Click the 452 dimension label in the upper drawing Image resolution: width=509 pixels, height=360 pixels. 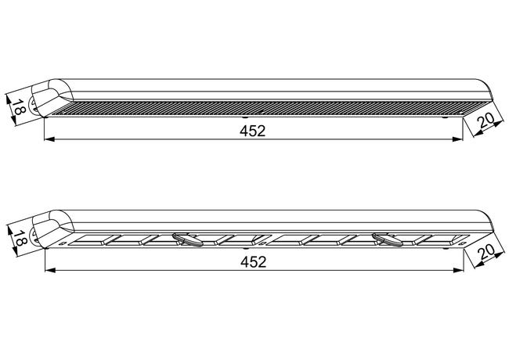coord(253,131)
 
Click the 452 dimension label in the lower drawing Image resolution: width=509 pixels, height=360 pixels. coord(253,261)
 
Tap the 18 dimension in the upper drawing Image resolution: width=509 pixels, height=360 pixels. coord(19,107)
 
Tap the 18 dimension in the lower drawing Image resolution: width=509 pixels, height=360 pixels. coord(20,238)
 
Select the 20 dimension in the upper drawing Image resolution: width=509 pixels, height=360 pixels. coord(486,120)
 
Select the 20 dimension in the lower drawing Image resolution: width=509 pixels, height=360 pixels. coord(486,251)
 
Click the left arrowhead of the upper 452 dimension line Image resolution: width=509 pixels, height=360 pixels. coord(49,139)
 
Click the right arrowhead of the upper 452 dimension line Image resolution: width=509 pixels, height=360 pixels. coord(458,139)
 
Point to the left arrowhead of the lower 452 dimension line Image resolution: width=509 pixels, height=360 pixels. coord(49,270)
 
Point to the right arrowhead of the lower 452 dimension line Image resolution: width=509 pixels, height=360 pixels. coord(458,270)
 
